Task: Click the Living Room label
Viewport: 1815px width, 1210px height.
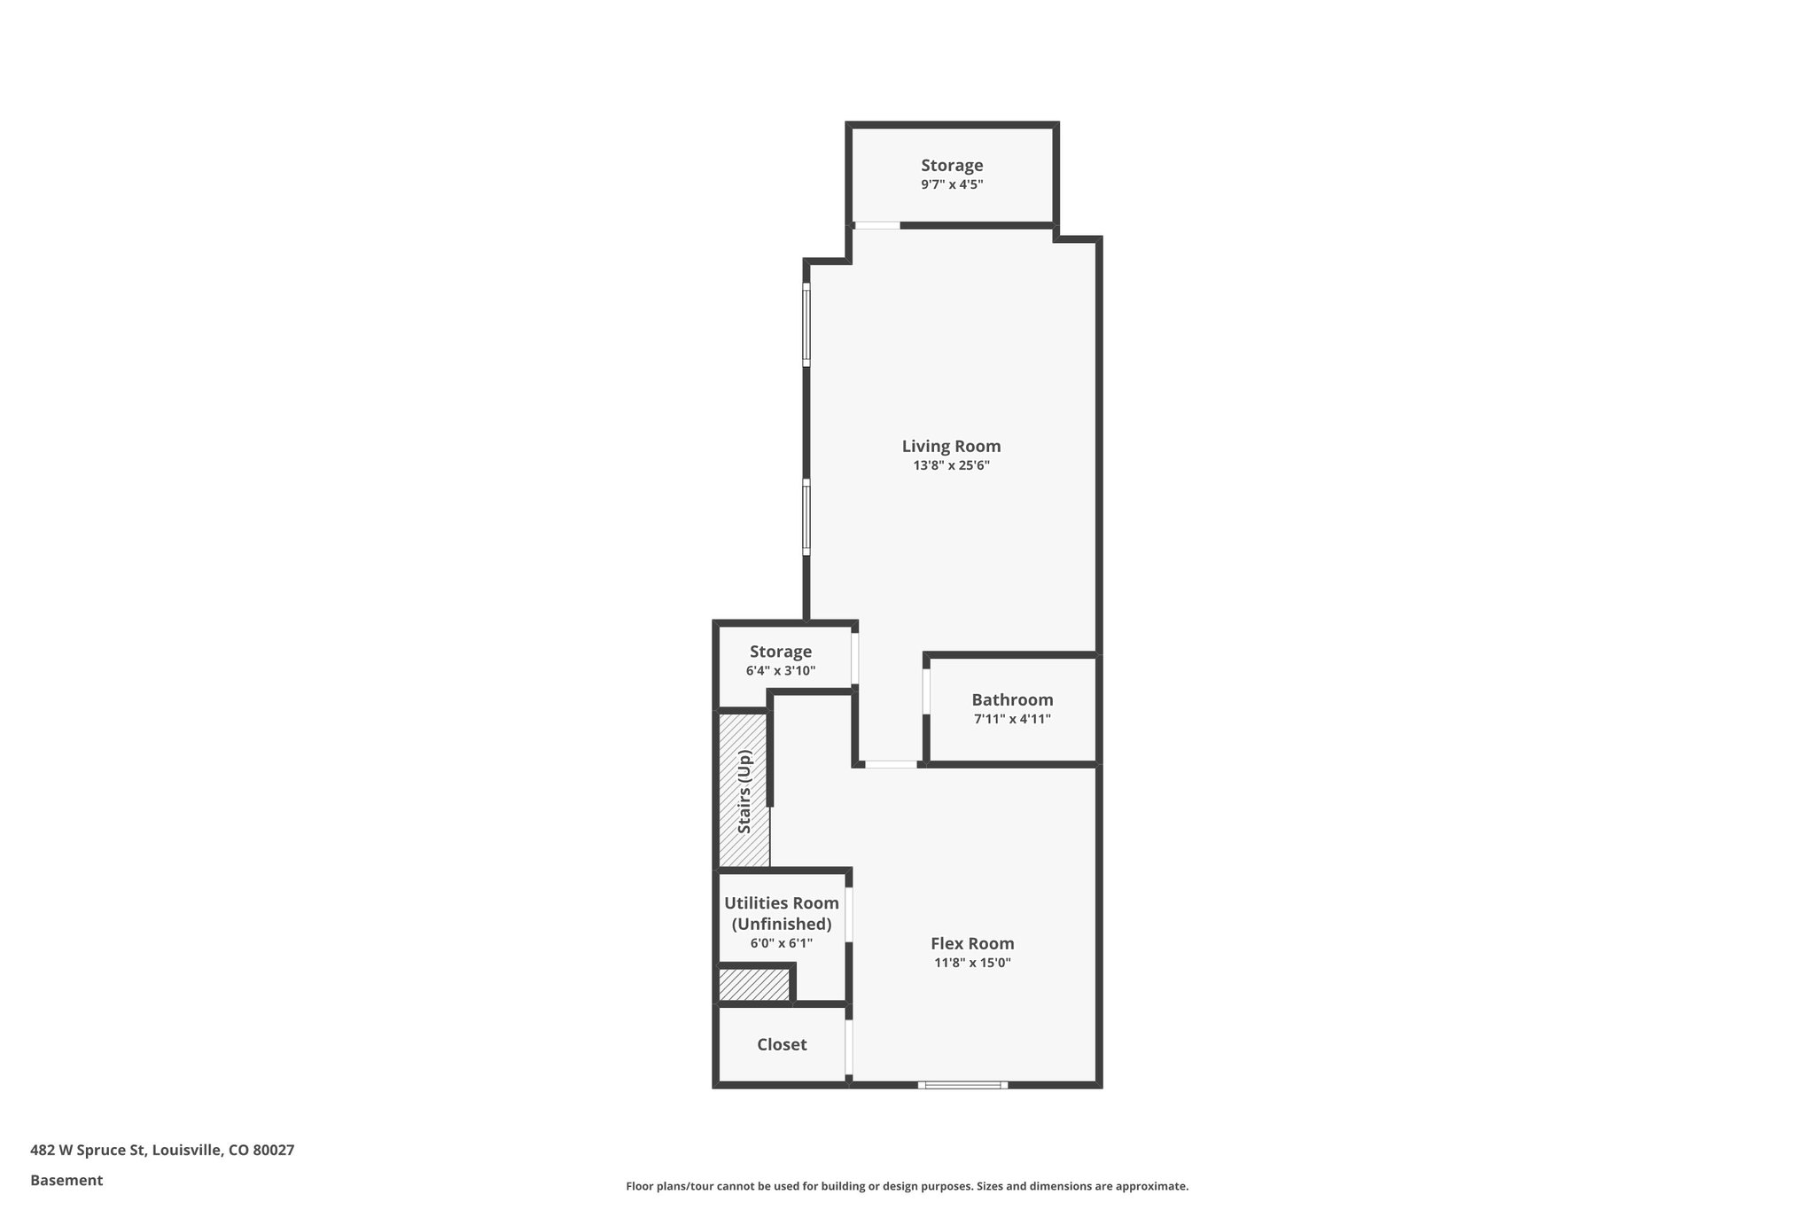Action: tap(951, 446)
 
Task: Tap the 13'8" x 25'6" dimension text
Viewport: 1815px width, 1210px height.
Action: tap(951, 465)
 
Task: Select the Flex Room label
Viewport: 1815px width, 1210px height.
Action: tap(972, 943)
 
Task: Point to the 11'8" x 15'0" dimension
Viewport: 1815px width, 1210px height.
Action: tap(972, 963)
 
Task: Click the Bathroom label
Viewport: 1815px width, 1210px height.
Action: tap(1012, 699)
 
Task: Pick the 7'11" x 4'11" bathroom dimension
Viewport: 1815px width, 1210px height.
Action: tap(1012, 719)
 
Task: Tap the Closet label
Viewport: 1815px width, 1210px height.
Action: tap(782, 1044)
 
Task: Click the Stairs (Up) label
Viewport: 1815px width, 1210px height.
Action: tap(744, 792)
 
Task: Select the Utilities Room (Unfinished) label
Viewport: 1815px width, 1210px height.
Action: tap(782, 913)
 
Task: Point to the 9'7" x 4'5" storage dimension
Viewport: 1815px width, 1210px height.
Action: tap(952, 184)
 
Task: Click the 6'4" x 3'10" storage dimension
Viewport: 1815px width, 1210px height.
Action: tap(781, 671)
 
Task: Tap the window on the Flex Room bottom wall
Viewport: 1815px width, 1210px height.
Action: tap(962, 1084)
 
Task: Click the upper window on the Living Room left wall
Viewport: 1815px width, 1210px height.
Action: tap(806, 324)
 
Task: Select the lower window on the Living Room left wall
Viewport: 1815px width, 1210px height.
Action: tap(806, 518)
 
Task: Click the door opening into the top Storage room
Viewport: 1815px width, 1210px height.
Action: tap(877, 225)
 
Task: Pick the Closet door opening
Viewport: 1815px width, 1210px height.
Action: tap(848, 1048)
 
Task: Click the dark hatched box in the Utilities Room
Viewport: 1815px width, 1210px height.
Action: tap(753, 984)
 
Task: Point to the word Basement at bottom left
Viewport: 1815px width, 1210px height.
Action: tap(66, 1180)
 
